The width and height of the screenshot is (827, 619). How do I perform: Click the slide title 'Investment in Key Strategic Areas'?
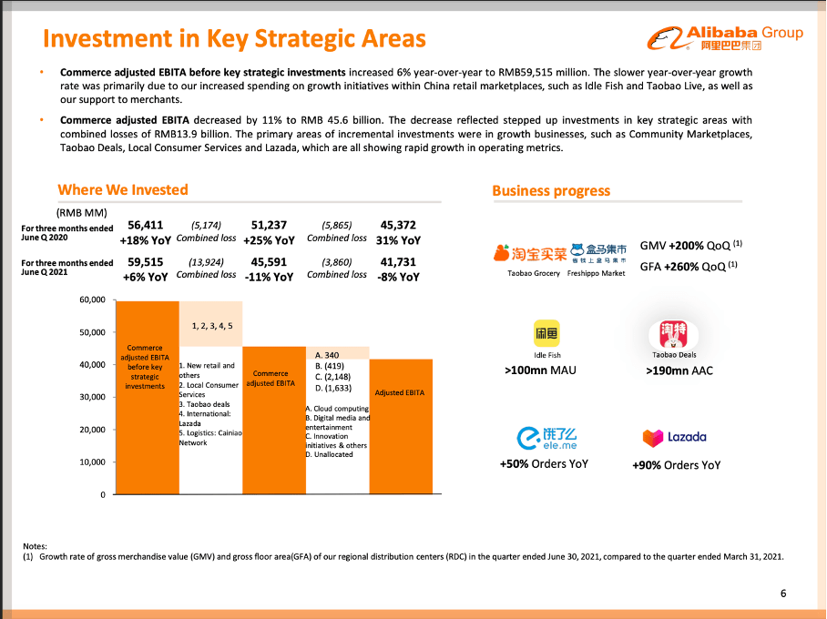234,38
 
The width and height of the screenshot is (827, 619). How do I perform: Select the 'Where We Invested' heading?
122,189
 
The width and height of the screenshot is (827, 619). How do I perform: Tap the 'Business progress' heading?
551,190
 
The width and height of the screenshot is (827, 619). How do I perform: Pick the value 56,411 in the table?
146,225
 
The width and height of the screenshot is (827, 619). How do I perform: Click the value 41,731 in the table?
398,262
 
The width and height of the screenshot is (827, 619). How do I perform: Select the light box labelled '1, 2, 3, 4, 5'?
211,324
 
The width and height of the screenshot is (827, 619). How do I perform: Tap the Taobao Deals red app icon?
674,334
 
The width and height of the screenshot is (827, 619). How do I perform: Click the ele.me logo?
544,438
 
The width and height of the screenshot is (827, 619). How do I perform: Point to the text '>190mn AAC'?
679,370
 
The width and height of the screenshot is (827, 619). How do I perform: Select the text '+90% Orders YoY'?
676,464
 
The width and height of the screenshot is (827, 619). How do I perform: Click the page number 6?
783,594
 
